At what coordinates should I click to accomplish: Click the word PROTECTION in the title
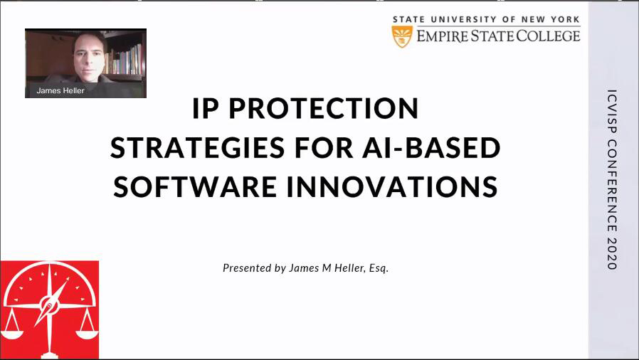324,108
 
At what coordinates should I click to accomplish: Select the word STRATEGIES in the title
197,147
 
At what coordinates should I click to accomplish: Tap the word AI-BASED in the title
431,147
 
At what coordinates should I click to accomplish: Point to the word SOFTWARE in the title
195,186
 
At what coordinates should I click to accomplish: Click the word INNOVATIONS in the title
393,186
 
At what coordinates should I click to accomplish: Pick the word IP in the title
206,108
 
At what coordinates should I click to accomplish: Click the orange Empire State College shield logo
402,37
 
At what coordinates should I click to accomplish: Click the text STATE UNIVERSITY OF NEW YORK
486,19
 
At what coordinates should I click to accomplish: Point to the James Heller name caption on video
60,91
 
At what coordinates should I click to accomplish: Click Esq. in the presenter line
379,268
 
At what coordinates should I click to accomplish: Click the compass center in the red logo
50,305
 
